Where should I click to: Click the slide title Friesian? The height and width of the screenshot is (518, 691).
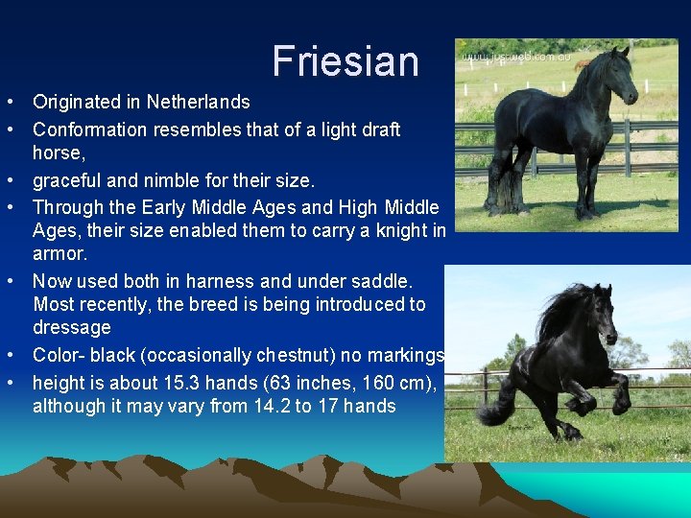(345, 61)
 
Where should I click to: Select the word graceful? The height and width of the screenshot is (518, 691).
(65, 180)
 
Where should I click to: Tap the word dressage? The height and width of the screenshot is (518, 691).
(71, 328)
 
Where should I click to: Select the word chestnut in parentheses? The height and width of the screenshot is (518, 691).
(298, 356)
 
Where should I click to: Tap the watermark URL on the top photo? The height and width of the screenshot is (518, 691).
(515, 58)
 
